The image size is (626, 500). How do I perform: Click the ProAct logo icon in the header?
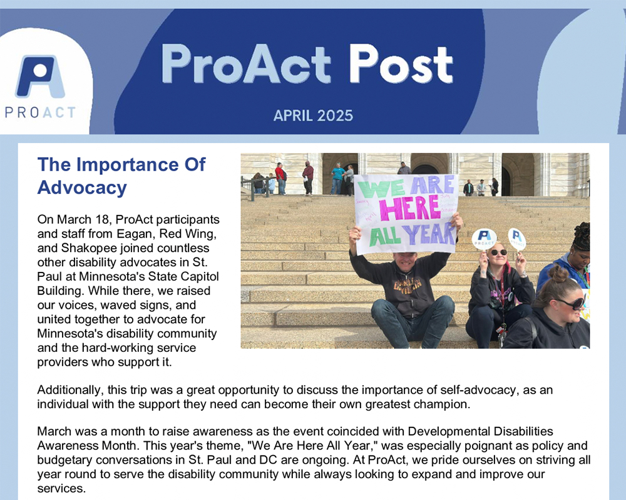point(40,76)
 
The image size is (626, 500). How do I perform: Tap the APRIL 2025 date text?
point(314,116)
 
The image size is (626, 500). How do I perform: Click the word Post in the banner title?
point(401,64)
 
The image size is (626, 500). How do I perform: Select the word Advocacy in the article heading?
point(82,187)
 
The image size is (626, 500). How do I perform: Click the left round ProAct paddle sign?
point(484,239)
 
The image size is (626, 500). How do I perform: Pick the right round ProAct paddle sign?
point(517,239)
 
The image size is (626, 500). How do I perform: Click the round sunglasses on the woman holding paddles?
point(499,252)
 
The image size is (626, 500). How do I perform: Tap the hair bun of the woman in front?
point(559,273)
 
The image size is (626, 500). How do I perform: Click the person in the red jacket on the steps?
point(280,178)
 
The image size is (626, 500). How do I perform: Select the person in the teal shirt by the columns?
point(337,178)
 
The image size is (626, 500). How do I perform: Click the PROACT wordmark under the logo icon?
point(40,112)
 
